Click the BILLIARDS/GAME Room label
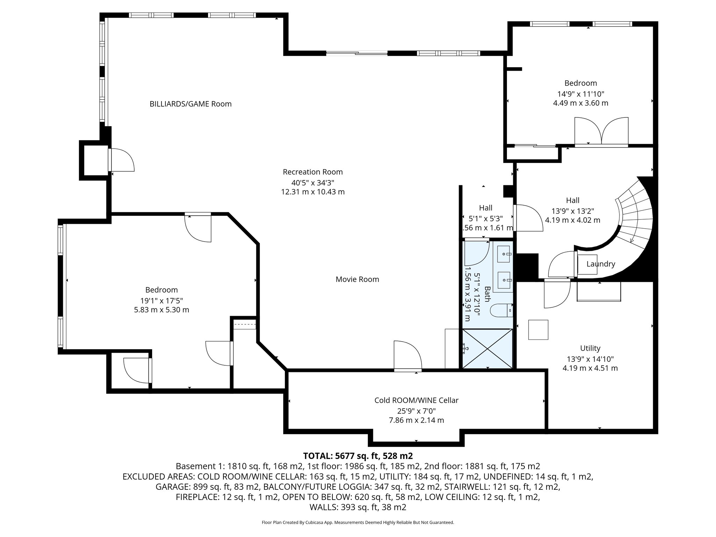point(191,104)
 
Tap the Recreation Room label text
point(313,172)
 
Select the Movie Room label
point(357,279)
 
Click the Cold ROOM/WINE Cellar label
point(416,400)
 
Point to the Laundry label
point(601,264)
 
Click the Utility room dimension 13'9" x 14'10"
point(590,359)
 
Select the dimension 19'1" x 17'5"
point(162,300)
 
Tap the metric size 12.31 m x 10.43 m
point(313,192)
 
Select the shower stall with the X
point(487,349)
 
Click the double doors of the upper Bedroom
point(601,132)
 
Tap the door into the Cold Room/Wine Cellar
point(407,357)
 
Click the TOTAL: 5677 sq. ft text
point(358,456)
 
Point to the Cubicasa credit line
point(358,523)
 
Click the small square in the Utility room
point(538,330)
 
